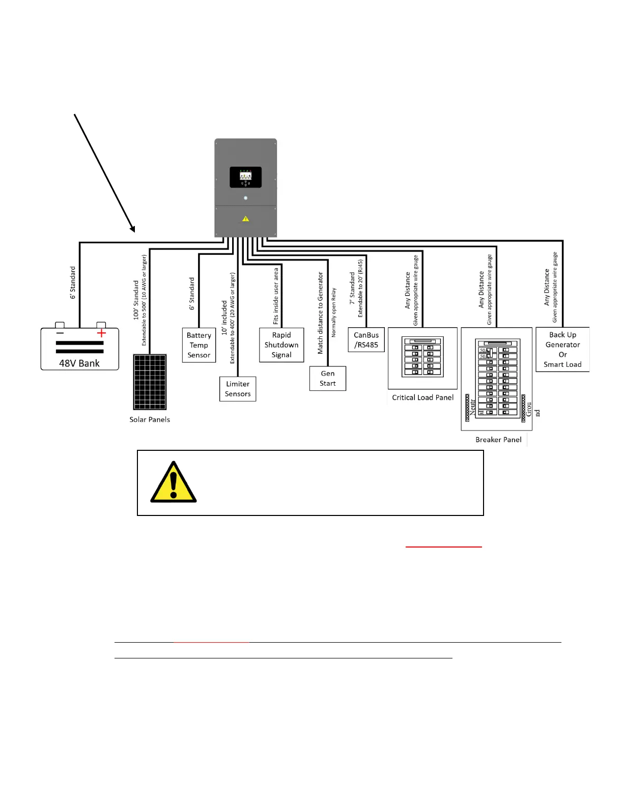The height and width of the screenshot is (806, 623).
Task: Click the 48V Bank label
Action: tap(79, 363)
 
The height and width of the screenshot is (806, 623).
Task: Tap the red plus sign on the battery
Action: tap(101, 333)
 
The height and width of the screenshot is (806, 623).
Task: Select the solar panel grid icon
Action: tap(150, 382)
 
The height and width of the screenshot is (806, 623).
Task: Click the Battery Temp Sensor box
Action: tap(199, 345)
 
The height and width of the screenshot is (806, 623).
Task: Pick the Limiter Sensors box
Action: tap(238, 389)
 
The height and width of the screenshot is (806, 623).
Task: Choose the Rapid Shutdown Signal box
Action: tap(281, 345)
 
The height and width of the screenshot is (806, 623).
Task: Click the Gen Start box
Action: tap(328, 378)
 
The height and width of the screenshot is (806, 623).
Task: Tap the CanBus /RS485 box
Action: tap(366, 340)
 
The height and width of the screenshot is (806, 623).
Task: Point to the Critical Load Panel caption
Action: tap(422, 397)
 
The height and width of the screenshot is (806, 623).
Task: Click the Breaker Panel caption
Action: tap(498, 440)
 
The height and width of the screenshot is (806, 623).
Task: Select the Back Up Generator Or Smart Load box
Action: tap(562, 350)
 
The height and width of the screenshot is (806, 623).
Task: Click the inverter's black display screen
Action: tap(246, 177)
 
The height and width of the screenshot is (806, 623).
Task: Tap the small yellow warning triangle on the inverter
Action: tap(246, 219)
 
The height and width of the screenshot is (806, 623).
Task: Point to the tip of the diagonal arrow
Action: tap(134, 232)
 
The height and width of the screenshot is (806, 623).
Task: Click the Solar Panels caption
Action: tap(150, 419)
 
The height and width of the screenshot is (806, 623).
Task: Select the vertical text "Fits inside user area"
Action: tap(276, 296)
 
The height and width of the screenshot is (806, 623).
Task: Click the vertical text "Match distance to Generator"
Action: tap(320, 313)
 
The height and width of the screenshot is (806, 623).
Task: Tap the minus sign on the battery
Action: tap(60, 333)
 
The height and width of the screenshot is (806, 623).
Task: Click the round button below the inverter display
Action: tap(246, 198)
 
